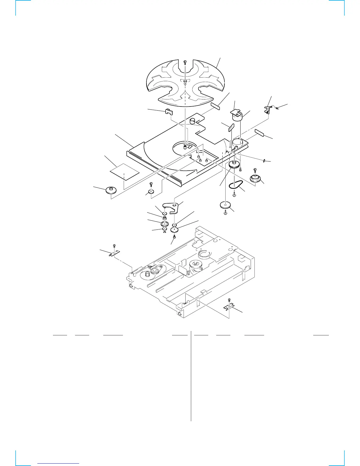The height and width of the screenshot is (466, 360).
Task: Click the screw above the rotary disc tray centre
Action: click(x=185, y=62)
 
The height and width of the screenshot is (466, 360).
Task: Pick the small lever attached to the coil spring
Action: click(x=268, y=109)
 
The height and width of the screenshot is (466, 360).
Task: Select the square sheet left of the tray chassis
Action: click(x=124, y=172)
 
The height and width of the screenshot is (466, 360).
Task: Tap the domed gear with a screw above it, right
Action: click(x=255, y=178)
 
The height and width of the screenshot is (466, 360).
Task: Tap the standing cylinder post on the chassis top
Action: click(x=193, y=122)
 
